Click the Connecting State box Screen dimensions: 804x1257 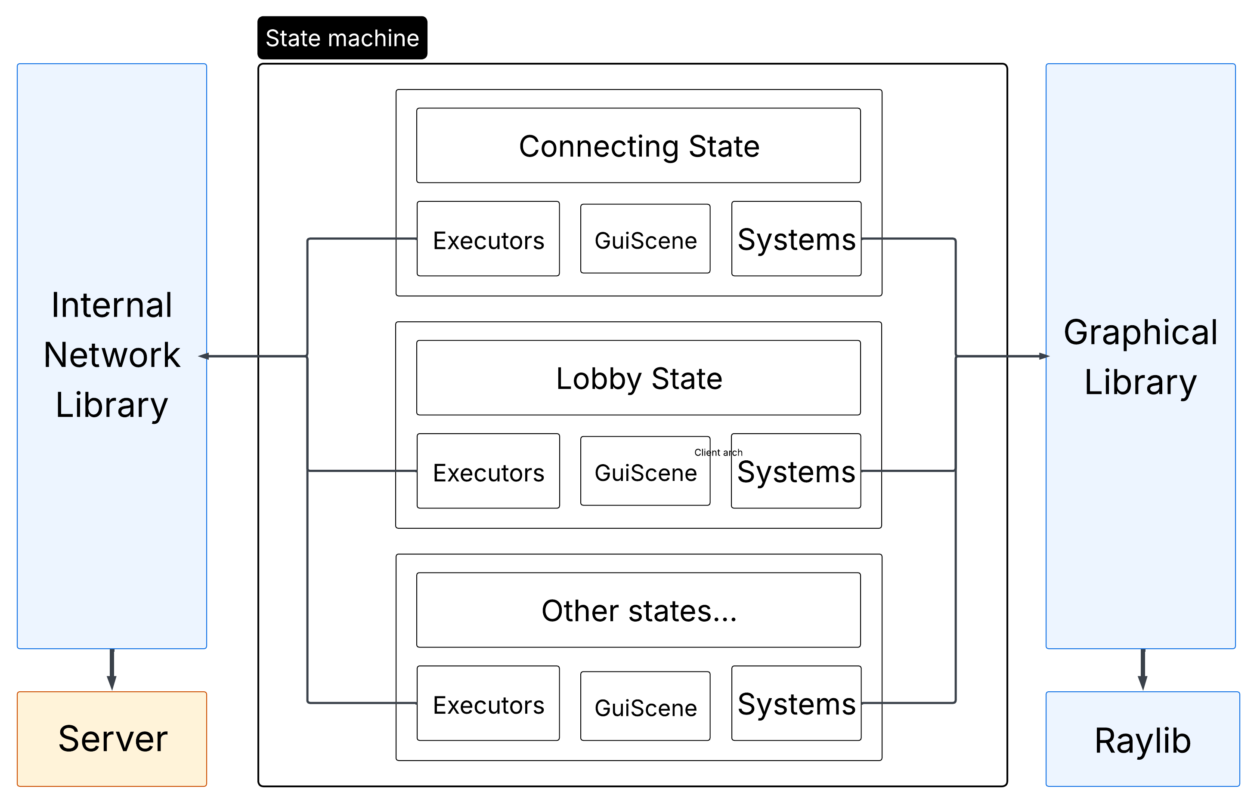[638, 146]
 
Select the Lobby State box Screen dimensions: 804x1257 [638, 378]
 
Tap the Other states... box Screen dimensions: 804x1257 [638, 610]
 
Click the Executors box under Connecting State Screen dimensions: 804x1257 [488, 239]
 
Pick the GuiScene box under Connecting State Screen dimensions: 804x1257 [645, 239]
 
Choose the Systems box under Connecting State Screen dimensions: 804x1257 [796, 239]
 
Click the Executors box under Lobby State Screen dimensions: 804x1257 [488, 471]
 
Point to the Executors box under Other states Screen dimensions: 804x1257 [488, 704]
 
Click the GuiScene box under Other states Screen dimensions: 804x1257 [645, 706]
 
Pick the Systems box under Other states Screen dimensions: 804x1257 [796, 704]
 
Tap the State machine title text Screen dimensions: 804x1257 [342, 38]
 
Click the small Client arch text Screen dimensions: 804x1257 [718, 453]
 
